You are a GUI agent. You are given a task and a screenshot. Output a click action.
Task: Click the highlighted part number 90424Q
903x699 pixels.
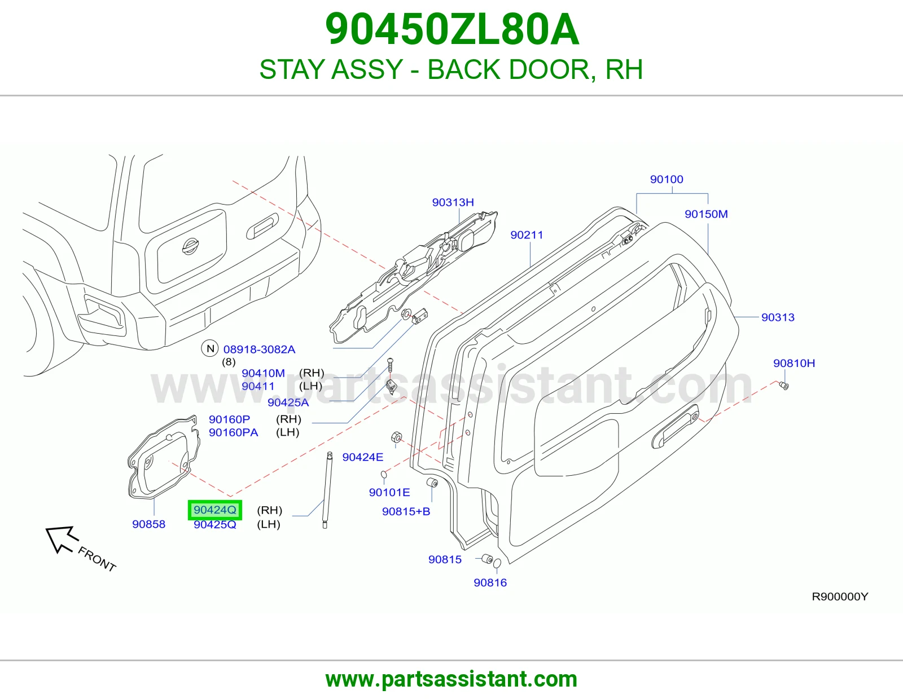(215, 510)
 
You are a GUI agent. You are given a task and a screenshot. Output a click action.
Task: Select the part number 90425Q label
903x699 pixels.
(215, 525)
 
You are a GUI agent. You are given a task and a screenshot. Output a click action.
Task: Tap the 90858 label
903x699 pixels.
(149, 524)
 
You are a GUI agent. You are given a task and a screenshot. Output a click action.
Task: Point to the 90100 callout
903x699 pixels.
(667, 179)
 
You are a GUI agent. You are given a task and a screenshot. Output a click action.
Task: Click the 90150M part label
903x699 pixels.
(706, 214)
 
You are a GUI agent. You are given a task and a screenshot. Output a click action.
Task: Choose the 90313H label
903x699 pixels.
(453, 202)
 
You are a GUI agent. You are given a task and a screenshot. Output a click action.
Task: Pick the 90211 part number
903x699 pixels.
(527, 235)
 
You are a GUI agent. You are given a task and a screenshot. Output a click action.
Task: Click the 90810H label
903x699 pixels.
(794, 363)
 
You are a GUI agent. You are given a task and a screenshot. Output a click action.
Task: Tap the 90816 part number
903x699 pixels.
(490, 583)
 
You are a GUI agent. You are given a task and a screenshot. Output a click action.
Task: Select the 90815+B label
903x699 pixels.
(406, 511)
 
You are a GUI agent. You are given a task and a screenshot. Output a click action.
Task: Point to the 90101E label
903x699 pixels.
(389, 492)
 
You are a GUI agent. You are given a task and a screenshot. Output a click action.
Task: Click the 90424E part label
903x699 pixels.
(363, 457)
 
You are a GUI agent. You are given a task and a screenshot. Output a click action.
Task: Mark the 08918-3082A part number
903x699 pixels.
(259, 349)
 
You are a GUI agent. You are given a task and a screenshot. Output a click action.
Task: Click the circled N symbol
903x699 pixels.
(211, 348)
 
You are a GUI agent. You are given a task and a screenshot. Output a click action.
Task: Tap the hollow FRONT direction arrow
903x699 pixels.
(62, 539)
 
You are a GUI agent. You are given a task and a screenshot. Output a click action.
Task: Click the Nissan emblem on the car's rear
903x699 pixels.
(190, 246)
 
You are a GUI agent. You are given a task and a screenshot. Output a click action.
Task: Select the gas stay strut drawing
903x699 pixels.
(327, 490)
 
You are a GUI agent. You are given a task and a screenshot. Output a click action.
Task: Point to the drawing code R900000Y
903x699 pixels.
(840, 596)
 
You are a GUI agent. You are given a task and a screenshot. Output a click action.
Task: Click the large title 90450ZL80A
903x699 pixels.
(451, 29)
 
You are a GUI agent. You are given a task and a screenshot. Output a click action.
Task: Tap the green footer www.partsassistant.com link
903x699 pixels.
(451, 679)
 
